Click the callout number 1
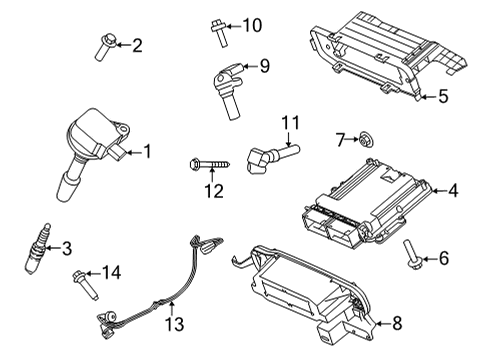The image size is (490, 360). (x=146, y=152)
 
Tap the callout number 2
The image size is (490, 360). (x=137, y=44)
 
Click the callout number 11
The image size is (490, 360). (x=290, y=123)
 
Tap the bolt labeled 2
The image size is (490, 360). (x=105, y=45)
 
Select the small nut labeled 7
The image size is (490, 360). (x=368, y=137)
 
